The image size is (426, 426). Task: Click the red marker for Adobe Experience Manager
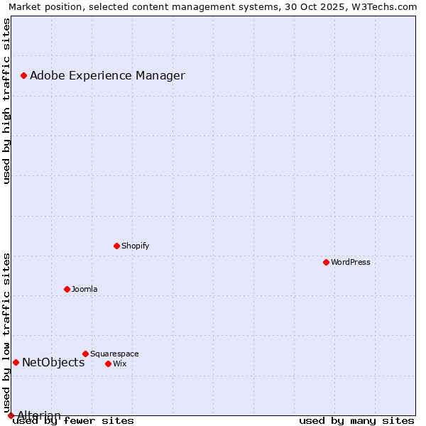point(23,75)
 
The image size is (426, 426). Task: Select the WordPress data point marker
point(326,262)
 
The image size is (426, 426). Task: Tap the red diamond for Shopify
point(116,246)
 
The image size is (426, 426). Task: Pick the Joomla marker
point(67,289)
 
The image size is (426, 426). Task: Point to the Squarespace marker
point(85,354)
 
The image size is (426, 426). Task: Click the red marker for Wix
point(108,364)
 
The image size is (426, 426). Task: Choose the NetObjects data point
point(16,362)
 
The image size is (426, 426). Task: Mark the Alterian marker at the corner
point(11,415)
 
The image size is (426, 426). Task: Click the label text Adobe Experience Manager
point(107,75)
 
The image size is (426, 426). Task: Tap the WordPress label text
point(351,262)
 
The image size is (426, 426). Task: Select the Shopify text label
point(135,246)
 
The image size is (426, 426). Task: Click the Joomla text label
point(84,289)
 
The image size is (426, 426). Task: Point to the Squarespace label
point(114,354)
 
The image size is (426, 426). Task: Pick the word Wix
point(120,364)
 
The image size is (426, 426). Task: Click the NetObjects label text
point(53,362)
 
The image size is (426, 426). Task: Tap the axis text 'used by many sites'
point(356,421)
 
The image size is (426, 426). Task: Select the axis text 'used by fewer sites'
point(74,421)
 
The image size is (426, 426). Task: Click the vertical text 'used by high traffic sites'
point(6,101)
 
